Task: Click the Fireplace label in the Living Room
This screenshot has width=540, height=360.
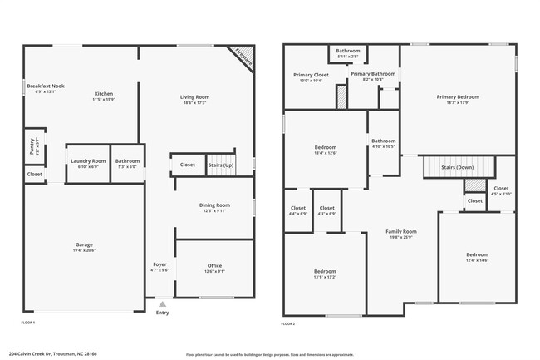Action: click(x=243, y=56)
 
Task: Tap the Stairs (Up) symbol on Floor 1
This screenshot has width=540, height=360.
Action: click(x=222, y=165)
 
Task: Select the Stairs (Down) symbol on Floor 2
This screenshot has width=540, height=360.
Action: click(x=457, y=167)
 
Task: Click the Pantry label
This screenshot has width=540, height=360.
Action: click(x=32, y=143)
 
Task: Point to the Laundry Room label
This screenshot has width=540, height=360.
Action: click(x=87, y=160)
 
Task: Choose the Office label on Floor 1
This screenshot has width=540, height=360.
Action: click(x=214, y=266)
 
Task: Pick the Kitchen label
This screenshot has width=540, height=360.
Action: click(x=104, y=94)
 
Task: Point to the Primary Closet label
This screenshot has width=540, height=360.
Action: click(x=311, y=76)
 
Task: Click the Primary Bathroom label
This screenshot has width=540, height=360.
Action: click(x=372, y=74)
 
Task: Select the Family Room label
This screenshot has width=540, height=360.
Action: click(x=402, y=232)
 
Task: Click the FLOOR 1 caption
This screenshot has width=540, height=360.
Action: click(x=28, y=322)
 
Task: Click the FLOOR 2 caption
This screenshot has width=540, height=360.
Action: click(x=288, y=322)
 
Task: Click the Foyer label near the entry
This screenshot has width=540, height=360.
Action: click(x=160, y=264)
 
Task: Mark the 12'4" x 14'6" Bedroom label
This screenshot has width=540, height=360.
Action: click(x=477, y=254)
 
